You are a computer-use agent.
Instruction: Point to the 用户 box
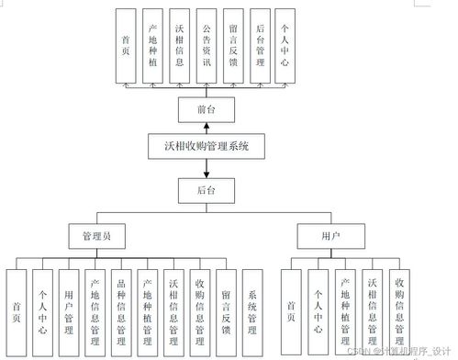point(331,236)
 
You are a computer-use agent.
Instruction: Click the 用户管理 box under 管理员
point(69,309)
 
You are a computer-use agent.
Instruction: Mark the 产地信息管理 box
point(95,309)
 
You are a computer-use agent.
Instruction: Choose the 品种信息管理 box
point(122,309)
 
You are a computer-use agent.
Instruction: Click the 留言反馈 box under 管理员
point(226,309)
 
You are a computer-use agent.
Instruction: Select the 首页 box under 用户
point(291,309)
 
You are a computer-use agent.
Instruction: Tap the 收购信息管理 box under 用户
point(398,309)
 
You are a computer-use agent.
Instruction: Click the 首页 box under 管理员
point(17,309)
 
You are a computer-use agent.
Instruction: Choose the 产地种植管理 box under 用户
point(345,309)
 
